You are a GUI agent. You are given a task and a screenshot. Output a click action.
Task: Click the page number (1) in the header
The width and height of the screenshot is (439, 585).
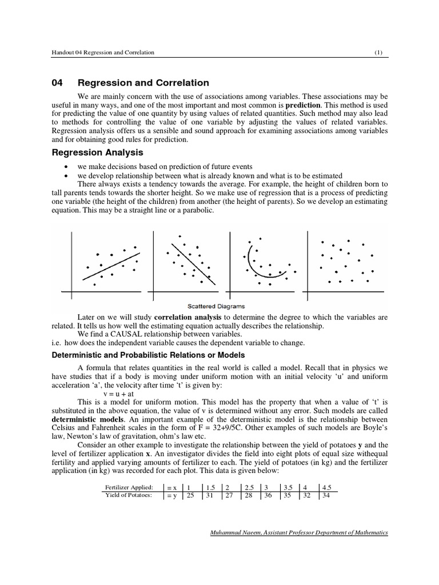378,53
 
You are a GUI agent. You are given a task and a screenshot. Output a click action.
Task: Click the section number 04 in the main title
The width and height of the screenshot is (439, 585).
57,83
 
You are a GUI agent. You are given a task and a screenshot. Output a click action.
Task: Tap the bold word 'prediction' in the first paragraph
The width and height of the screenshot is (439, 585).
303,106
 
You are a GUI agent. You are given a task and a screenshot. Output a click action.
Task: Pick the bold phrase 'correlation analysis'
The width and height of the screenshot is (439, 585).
188,316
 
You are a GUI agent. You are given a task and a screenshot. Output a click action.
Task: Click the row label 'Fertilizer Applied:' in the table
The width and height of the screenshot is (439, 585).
129,487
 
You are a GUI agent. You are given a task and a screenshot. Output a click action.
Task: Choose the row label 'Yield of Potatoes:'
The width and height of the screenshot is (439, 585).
129,495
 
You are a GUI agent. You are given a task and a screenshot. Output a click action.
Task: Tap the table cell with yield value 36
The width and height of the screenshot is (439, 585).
266,495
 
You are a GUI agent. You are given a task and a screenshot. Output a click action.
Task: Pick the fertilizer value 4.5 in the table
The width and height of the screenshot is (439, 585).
327,487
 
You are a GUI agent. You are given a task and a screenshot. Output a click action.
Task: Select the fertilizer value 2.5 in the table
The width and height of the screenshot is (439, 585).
249,487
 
